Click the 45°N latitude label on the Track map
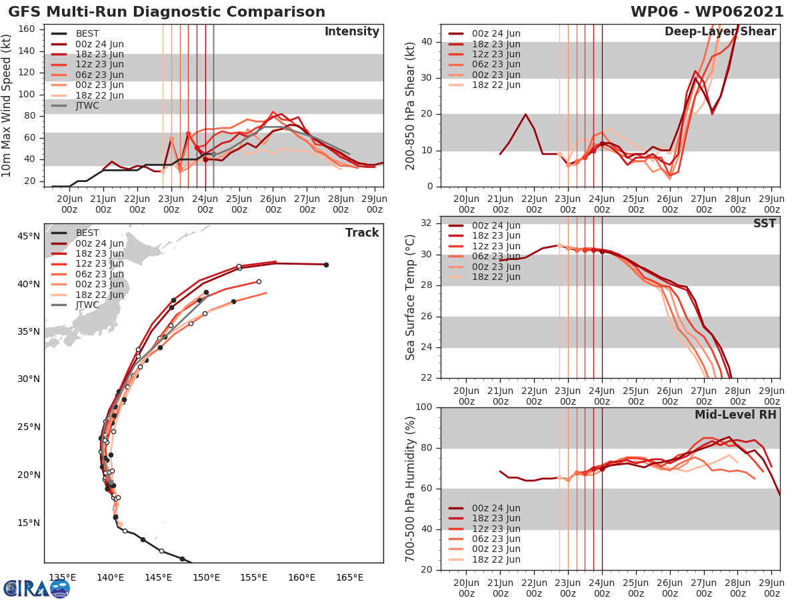[x=29, y=236]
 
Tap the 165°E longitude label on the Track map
[x=349, y=577]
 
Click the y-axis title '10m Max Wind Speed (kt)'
[x=8, y=103]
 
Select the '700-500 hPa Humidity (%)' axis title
[x=411, y=488]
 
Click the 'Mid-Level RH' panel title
[x=735, y=415]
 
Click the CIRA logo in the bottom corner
[x=36, y=587]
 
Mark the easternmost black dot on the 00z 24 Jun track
[x=326, y=265]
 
